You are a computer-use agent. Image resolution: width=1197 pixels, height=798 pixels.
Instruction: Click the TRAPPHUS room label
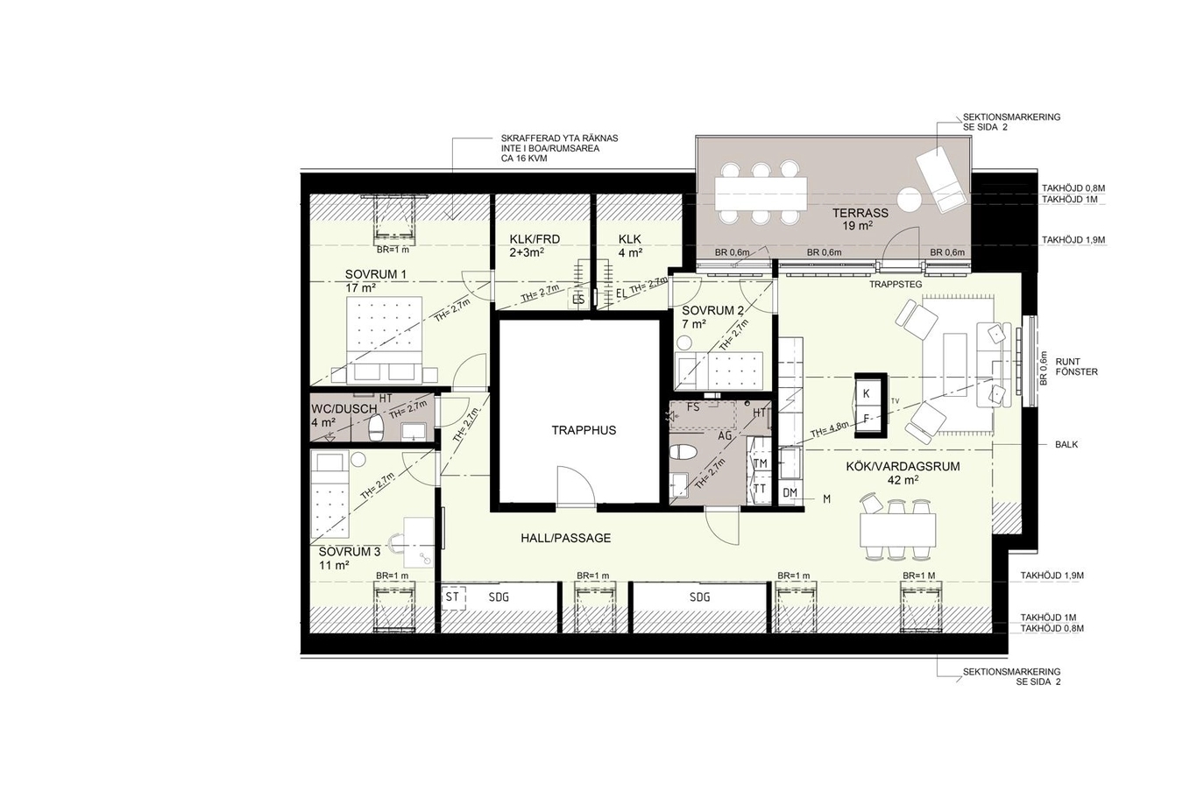click(x=584, y=430)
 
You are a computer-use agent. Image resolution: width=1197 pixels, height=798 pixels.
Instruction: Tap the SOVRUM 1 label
click(x=376, y=274)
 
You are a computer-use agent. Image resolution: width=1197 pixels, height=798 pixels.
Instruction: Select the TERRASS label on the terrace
click(x=861, y=213)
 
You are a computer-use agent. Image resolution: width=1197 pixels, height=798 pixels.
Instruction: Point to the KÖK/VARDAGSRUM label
click(x=903, y=466)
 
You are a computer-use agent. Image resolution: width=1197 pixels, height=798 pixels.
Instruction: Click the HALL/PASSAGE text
click(x=566, y=539)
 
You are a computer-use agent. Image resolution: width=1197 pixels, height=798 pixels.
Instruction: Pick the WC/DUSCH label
click(x=344, y=410)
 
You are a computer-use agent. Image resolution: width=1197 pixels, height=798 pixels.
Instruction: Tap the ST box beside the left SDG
click(x=453, y=597)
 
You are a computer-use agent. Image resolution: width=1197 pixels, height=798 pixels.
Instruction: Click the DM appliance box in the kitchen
click(x=790, y=493)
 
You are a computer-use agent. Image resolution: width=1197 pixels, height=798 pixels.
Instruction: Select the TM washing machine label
click(x=760, y=463)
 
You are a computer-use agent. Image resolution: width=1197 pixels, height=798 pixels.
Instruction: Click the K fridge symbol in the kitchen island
click(x=867, y=393)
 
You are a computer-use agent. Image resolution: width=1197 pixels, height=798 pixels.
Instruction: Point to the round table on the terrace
click(x=910, y=201)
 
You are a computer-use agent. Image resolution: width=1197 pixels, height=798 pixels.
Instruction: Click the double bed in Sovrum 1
click(x=384, y=341)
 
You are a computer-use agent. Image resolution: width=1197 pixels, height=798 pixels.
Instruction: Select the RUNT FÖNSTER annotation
click(x=1077, y=367)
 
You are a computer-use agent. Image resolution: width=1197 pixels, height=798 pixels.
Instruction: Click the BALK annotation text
click(x=1066, y=444)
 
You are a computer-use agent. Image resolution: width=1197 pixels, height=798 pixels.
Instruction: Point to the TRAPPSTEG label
click(x=896, y=285)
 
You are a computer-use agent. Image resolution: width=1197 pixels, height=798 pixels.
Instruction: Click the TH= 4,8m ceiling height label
click(x=829, y=429)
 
